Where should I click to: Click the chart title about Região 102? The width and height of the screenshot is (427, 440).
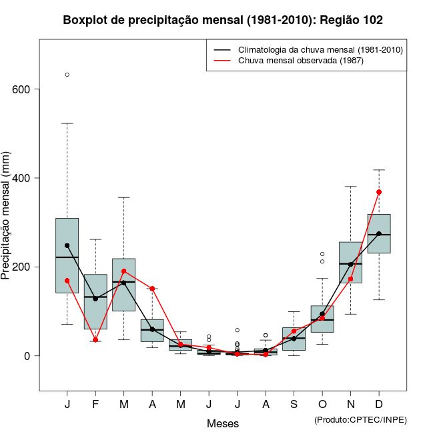[223, 20]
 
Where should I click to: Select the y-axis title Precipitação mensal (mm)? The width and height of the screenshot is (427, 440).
[7, 223]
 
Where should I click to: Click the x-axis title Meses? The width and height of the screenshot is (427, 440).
[223, 423]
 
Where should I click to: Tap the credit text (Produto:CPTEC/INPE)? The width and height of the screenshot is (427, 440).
[360, 419]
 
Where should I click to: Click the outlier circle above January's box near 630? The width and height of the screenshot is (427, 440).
[67, 75]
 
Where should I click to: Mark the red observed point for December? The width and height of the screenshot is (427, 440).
[379, 192]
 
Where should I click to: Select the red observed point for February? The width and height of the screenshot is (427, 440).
[95, 340]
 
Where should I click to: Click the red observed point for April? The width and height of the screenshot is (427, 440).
[153, 289]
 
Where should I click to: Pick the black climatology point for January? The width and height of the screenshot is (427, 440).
[67, 245]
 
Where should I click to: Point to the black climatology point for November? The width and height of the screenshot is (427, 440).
[350, 264]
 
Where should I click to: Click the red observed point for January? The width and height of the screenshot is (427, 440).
[67, 281]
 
